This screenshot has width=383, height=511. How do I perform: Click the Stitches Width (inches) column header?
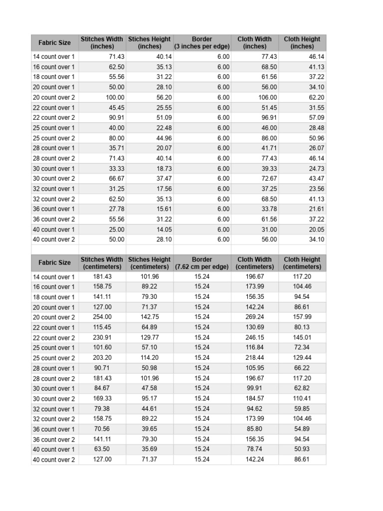(x=102, y=42)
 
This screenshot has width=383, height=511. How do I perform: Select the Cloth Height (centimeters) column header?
(x=302, y=263)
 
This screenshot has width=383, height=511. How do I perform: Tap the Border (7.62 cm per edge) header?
(x=202, y=263)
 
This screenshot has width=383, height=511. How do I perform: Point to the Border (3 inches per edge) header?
(x=202, y=42)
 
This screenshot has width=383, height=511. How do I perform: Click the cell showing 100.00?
(x=115, y=97)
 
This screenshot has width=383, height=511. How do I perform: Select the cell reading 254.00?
(x=102, y=317)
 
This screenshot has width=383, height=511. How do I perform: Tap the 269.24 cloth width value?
(x=255, y=317)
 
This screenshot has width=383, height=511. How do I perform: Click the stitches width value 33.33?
(x=117, y=169)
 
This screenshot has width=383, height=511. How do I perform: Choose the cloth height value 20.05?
(x=316, y=230)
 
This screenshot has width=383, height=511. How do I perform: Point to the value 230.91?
(x=102, y=338)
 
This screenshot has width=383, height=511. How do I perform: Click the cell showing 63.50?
(x=102, y=450)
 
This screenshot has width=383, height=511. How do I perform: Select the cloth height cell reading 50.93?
(x=302, y=450)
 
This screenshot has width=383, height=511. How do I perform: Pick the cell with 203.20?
(x=102, y=358)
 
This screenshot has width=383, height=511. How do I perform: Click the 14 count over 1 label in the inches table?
(x=54, y=57)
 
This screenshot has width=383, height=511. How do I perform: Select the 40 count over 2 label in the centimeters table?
(x=54, y=460)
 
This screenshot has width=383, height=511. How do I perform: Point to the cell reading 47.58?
(x=150, y=389)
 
